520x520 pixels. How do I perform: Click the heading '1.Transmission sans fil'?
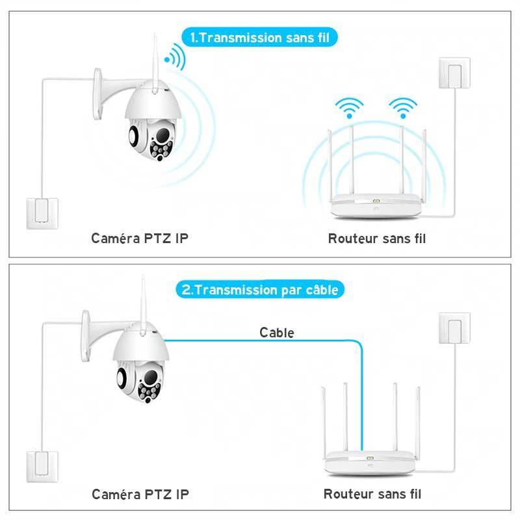[x=259, y=38]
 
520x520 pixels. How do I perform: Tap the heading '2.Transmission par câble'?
[x=259, y=290]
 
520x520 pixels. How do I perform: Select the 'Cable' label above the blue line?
[x=277, y=333]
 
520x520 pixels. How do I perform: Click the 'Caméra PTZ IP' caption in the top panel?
[x=140, y=238]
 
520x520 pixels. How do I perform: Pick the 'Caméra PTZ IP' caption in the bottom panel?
[x=140, y=494]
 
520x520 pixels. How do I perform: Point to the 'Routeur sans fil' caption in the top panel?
[x=377, y=239]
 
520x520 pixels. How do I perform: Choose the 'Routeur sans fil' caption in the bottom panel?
[x=372, y=494]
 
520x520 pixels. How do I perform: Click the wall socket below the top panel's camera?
[x=42, y=214]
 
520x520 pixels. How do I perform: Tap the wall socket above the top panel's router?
[x=454, y=73]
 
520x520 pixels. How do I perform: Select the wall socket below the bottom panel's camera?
[x=42, y=467]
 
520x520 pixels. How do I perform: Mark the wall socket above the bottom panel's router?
[x=454, y=328]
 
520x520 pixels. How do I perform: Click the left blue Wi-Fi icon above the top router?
[x=349, y=108]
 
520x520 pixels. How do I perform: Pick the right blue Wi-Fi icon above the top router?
[x=403, y=108]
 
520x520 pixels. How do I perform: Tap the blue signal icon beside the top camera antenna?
[x=175, y=57]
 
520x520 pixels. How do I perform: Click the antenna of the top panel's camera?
[x=155, y=62]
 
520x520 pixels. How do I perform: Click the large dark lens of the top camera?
[x=163, y=135]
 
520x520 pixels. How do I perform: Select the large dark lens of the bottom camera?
[x=151, y=377]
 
